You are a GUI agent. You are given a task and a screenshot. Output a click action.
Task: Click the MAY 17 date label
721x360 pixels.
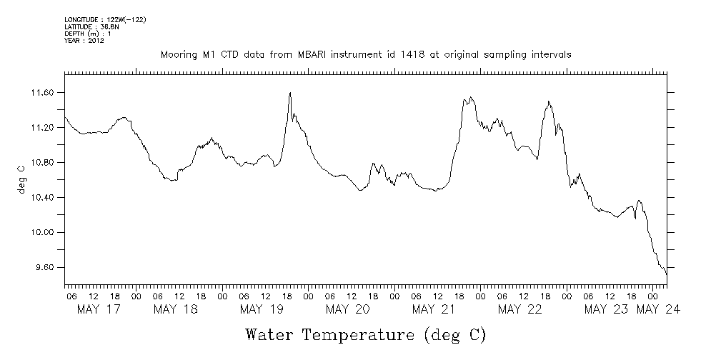click(98, 309)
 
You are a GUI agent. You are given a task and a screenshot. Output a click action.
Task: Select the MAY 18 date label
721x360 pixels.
click(175, 309)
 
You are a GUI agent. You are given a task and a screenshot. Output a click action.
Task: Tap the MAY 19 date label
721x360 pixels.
click(262, 309)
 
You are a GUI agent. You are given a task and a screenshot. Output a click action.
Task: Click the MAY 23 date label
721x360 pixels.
click(606, 309)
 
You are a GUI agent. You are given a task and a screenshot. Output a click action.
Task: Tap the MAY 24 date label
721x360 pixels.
click(659, 309)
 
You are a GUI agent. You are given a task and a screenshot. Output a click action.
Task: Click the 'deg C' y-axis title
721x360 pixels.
click(21, 179)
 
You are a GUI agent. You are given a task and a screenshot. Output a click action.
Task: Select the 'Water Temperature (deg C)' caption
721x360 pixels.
click(365, 334)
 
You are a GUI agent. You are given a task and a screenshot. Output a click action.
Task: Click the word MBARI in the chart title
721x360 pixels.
click(308, 54)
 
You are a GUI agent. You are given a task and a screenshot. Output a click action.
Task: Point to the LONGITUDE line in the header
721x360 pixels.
click(105, 19)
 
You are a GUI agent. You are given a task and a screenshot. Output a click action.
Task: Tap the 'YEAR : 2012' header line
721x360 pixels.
click(84, 41)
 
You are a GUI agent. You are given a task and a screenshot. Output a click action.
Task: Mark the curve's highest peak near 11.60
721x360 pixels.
click(289, 93)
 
